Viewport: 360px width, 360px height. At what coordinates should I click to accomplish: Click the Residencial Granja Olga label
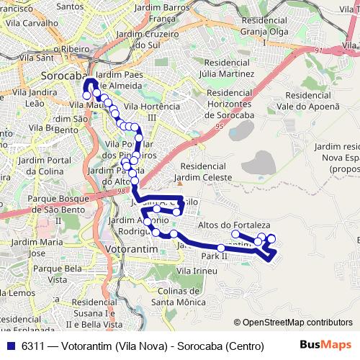tap(269, 32)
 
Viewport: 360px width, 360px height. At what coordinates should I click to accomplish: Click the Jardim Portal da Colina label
tap(50, 165)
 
